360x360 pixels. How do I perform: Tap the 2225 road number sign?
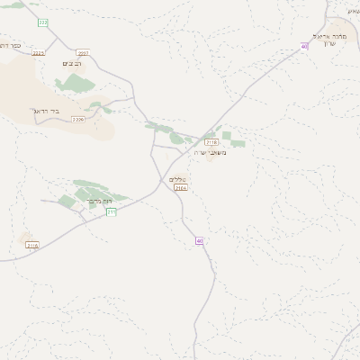[x=37, y=53]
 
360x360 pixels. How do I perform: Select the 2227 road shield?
[x=84, y=53]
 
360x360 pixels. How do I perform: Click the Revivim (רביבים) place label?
[x=70, y=64]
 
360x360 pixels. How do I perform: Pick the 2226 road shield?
[x=77, y=119]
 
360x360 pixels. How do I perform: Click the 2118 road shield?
[x=211, y=142]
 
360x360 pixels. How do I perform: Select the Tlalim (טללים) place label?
[x=177, y=180]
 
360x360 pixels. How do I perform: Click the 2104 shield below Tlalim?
[x=182, y=189]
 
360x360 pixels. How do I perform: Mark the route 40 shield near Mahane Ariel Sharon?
[x=304, y=46]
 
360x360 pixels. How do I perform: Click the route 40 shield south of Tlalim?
[x=199, y=240]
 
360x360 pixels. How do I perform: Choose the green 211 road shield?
[x=111, y=212]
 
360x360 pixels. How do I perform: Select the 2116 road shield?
[x=32, y=245]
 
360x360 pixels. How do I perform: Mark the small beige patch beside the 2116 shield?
[x=24, y=238]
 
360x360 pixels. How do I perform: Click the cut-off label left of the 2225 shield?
[x=9, y=43]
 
